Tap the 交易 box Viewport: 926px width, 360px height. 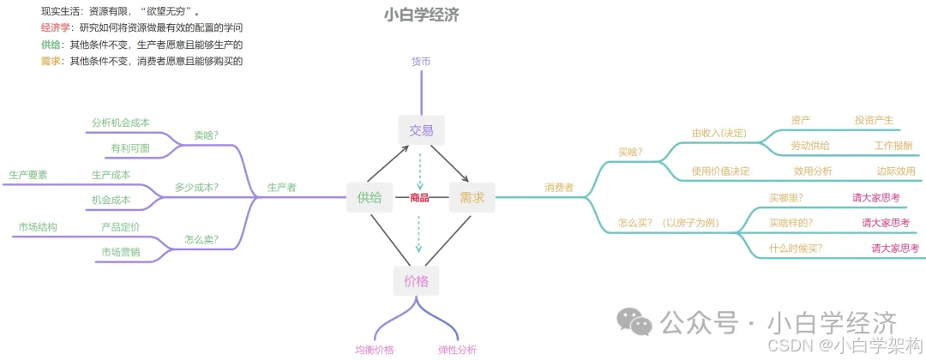click(420, 130)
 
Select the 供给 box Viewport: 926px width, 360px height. click(370, 197)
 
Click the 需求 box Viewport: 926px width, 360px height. click(472, 197)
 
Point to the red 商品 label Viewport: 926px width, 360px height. click(420, 198)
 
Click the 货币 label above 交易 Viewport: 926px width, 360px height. click(421, 61)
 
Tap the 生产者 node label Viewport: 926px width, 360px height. click(282, 187)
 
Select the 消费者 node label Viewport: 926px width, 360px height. click(559, 187)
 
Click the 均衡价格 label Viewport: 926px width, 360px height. click(375, 350)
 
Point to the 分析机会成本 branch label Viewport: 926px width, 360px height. click(121, 123)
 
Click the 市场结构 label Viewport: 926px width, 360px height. click(38, 227)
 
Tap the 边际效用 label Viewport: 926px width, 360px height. click(895, 171)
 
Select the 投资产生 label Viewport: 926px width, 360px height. click(874, 120)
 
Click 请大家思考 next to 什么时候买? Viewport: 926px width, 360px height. click(895, 249)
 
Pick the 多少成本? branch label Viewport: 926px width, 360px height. click(196, 187)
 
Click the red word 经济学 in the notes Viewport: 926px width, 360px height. click(57, 28)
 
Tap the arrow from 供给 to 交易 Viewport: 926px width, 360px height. click(389, 165)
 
